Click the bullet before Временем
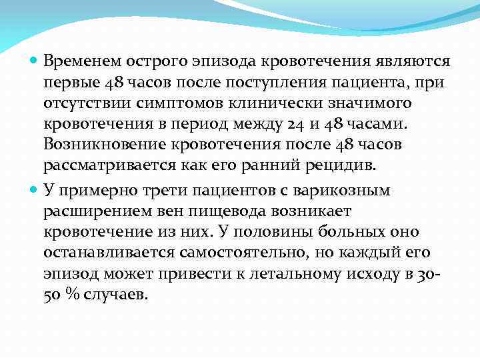point(35,62)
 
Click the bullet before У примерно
point(35,190)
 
